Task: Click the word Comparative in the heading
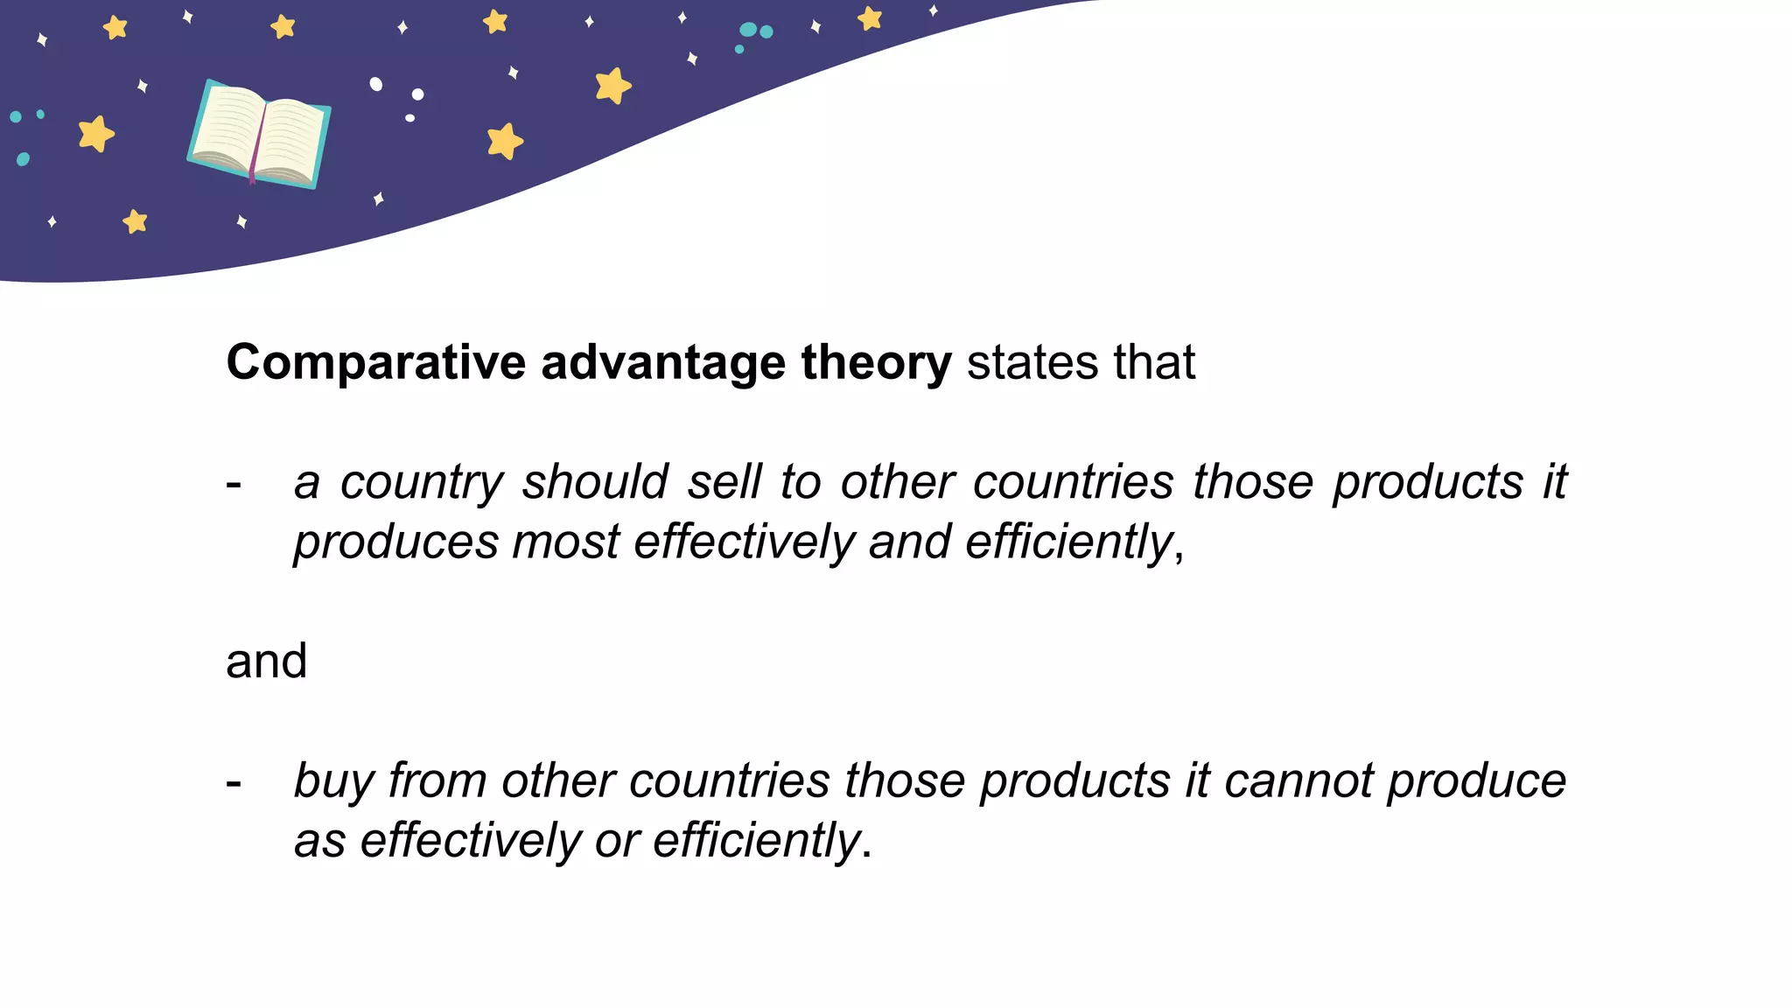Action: coord(375,363)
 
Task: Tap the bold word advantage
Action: coord(662,363)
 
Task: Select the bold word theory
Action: coord(876,363)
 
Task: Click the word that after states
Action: coord(1154,363)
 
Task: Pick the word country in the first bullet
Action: coord(422,483)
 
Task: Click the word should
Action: coord(595,483)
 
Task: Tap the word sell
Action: coord(724,483)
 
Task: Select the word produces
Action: coord(395,542)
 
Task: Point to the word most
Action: coord(565,542)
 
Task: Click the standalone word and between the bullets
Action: coord(266,661)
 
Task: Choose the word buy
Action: coord(333,781)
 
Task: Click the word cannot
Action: coord(1298,781)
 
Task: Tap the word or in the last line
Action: coord(617,841)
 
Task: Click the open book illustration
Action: coord(259,134)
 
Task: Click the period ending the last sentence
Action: coord(867,854)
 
